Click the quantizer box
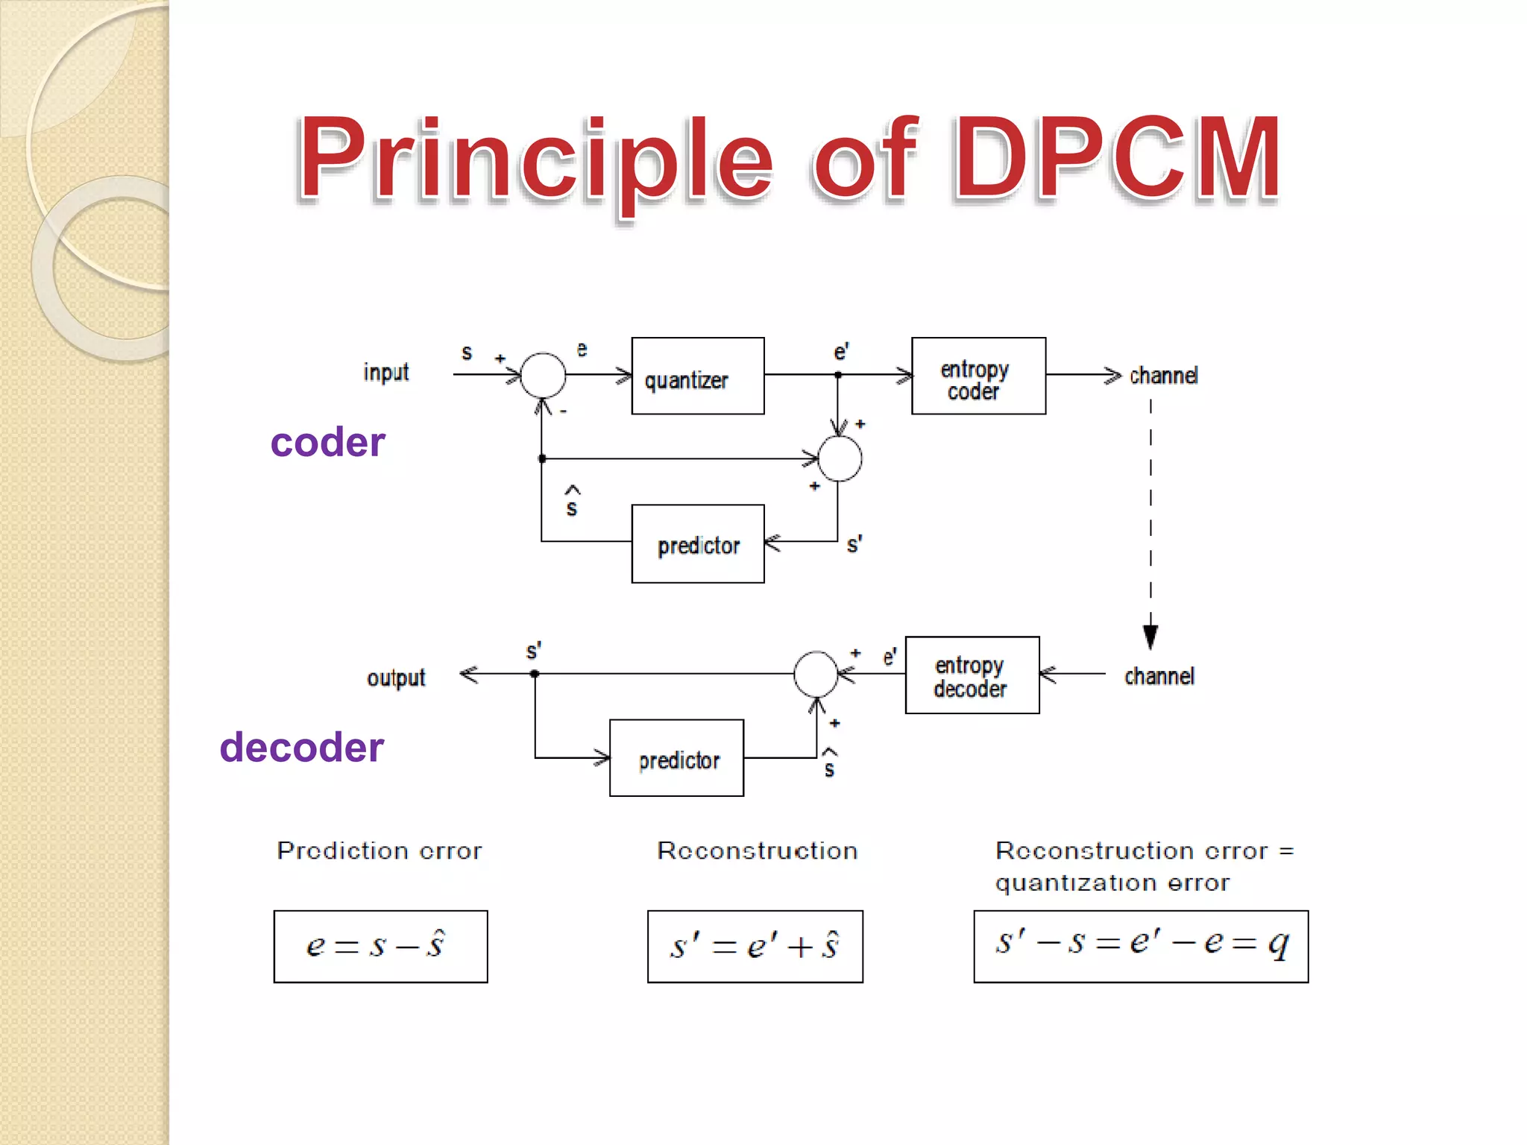(697, 376)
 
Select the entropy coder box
(978, 376)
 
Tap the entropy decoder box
(972, 675)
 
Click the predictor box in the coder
(697, 544)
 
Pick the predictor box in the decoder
(676, 758)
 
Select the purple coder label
(327, 442)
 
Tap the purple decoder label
(301, 747)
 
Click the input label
(385, 372)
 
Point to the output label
(395, 678)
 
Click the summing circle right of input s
(543, 375)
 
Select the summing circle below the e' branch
(840, 458)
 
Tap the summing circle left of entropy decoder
(816, 674)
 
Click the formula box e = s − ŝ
(380, 946)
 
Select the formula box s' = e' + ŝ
(755, 946)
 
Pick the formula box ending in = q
(1140, 946)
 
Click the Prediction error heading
(379, 851)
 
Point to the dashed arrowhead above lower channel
(1150, 636)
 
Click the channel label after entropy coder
(1163, 376)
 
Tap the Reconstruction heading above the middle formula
(757, 851)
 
